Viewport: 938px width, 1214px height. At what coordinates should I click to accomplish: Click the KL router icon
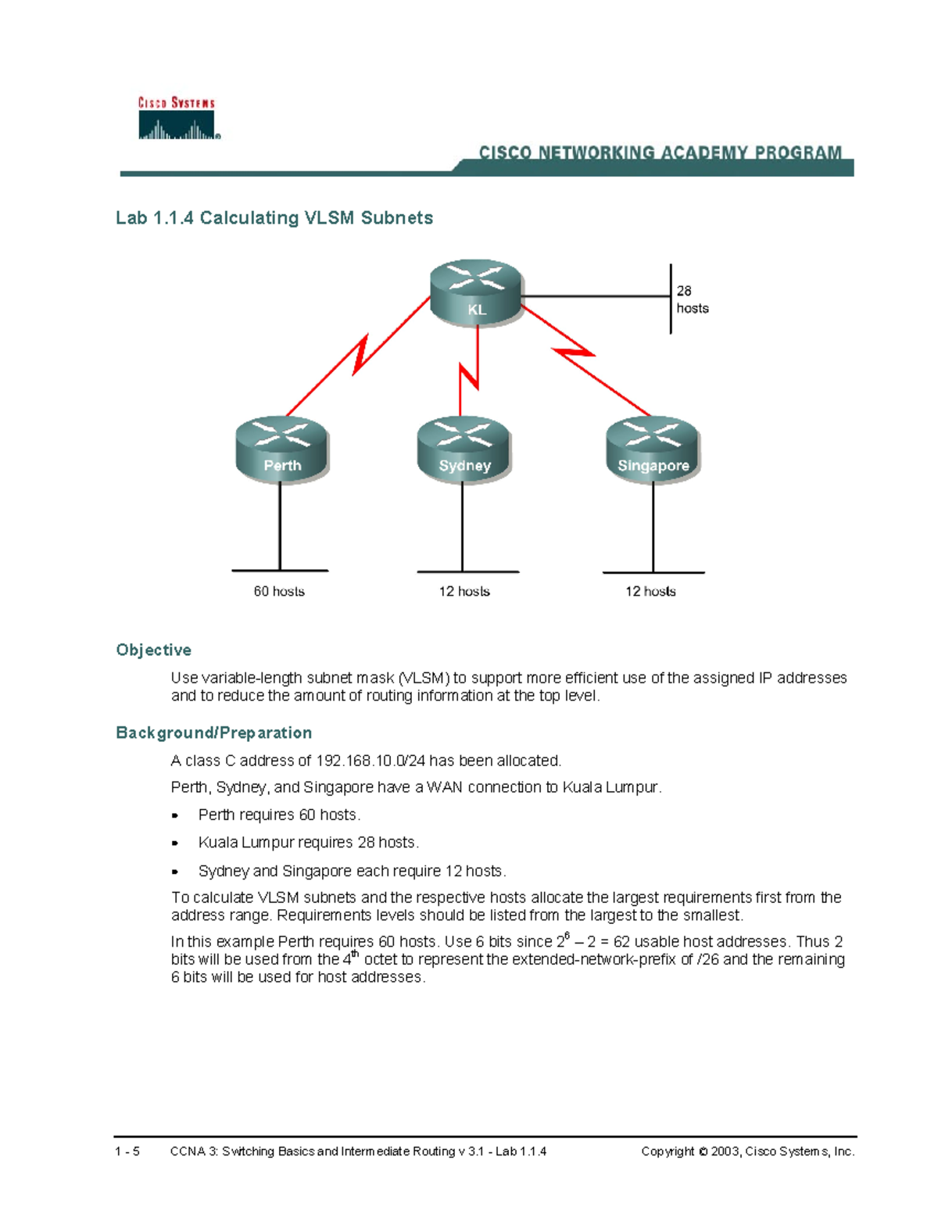[476, 292]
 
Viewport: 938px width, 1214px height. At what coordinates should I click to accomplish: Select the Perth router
[282, 449]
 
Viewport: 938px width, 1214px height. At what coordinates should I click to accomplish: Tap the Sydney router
[464, 449]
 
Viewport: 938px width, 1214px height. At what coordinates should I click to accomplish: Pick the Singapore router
[653, 449]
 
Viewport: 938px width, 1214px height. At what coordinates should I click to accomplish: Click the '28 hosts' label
[692, 299]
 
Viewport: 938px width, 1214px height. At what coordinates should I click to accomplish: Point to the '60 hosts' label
[279, 592]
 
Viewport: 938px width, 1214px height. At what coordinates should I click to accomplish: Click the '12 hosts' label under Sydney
[464, 592]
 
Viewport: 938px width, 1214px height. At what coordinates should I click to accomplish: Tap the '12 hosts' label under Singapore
[650, 592]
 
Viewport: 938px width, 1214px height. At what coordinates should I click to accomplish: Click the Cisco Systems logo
[177, 119]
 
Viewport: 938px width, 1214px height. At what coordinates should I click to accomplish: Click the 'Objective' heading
[154, 650]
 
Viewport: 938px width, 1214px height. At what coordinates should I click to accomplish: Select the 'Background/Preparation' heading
[214, 733]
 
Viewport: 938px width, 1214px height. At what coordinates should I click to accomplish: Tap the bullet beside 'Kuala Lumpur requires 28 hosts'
[175, 843]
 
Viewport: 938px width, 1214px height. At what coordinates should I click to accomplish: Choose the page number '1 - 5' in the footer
[127, 1151]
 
